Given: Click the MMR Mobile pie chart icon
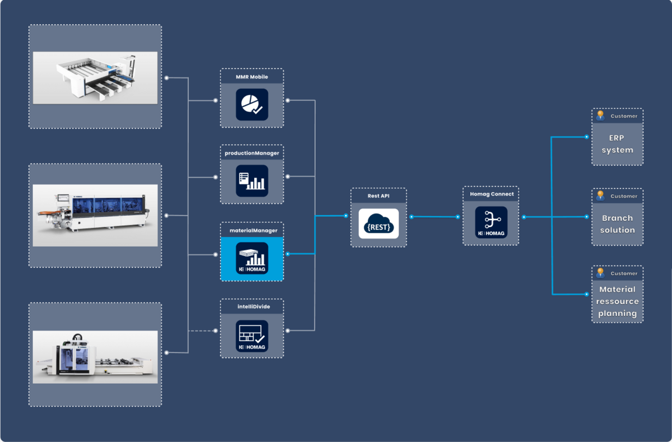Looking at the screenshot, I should tap(251, 104).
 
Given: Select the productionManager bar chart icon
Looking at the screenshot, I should tap(251, 180).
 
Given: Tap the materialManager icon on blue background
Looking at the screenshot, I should tap(251, 258).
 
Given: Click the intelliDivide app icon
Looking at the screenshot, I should tap(251, 336).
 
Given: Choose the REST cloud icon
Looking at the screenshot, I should tap(379, 224).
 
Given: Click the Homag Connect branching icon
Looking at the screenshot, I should tap(491, 222).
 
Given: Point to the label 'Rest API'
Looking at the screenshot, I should tap(379, 196).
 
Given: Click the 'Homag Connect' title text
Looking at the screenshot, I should tap(491, 194).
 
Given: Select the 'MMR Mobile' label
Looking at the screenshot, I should tap(251, 77).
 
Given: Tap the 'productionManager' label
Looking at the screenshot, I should tap(251, 152).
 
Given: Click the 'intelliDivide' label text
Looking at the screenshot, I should tap(251, 307).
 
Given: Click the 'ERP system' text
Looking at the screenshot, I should tap(617, 144).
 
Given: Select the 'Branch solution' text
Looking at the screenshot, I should tap(617, 224).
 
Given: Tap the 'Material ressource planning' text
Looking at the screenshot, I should tap(617, 301).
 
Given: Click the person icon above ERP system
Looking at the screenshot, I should tap(600, 115).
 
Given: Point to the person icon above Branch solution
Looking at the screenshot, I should tap(600, 196).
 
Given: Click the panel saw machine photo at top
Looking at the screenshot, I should tap(95, 77).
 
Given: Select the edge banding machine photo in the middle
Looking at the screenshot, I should tap(95, 215).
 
